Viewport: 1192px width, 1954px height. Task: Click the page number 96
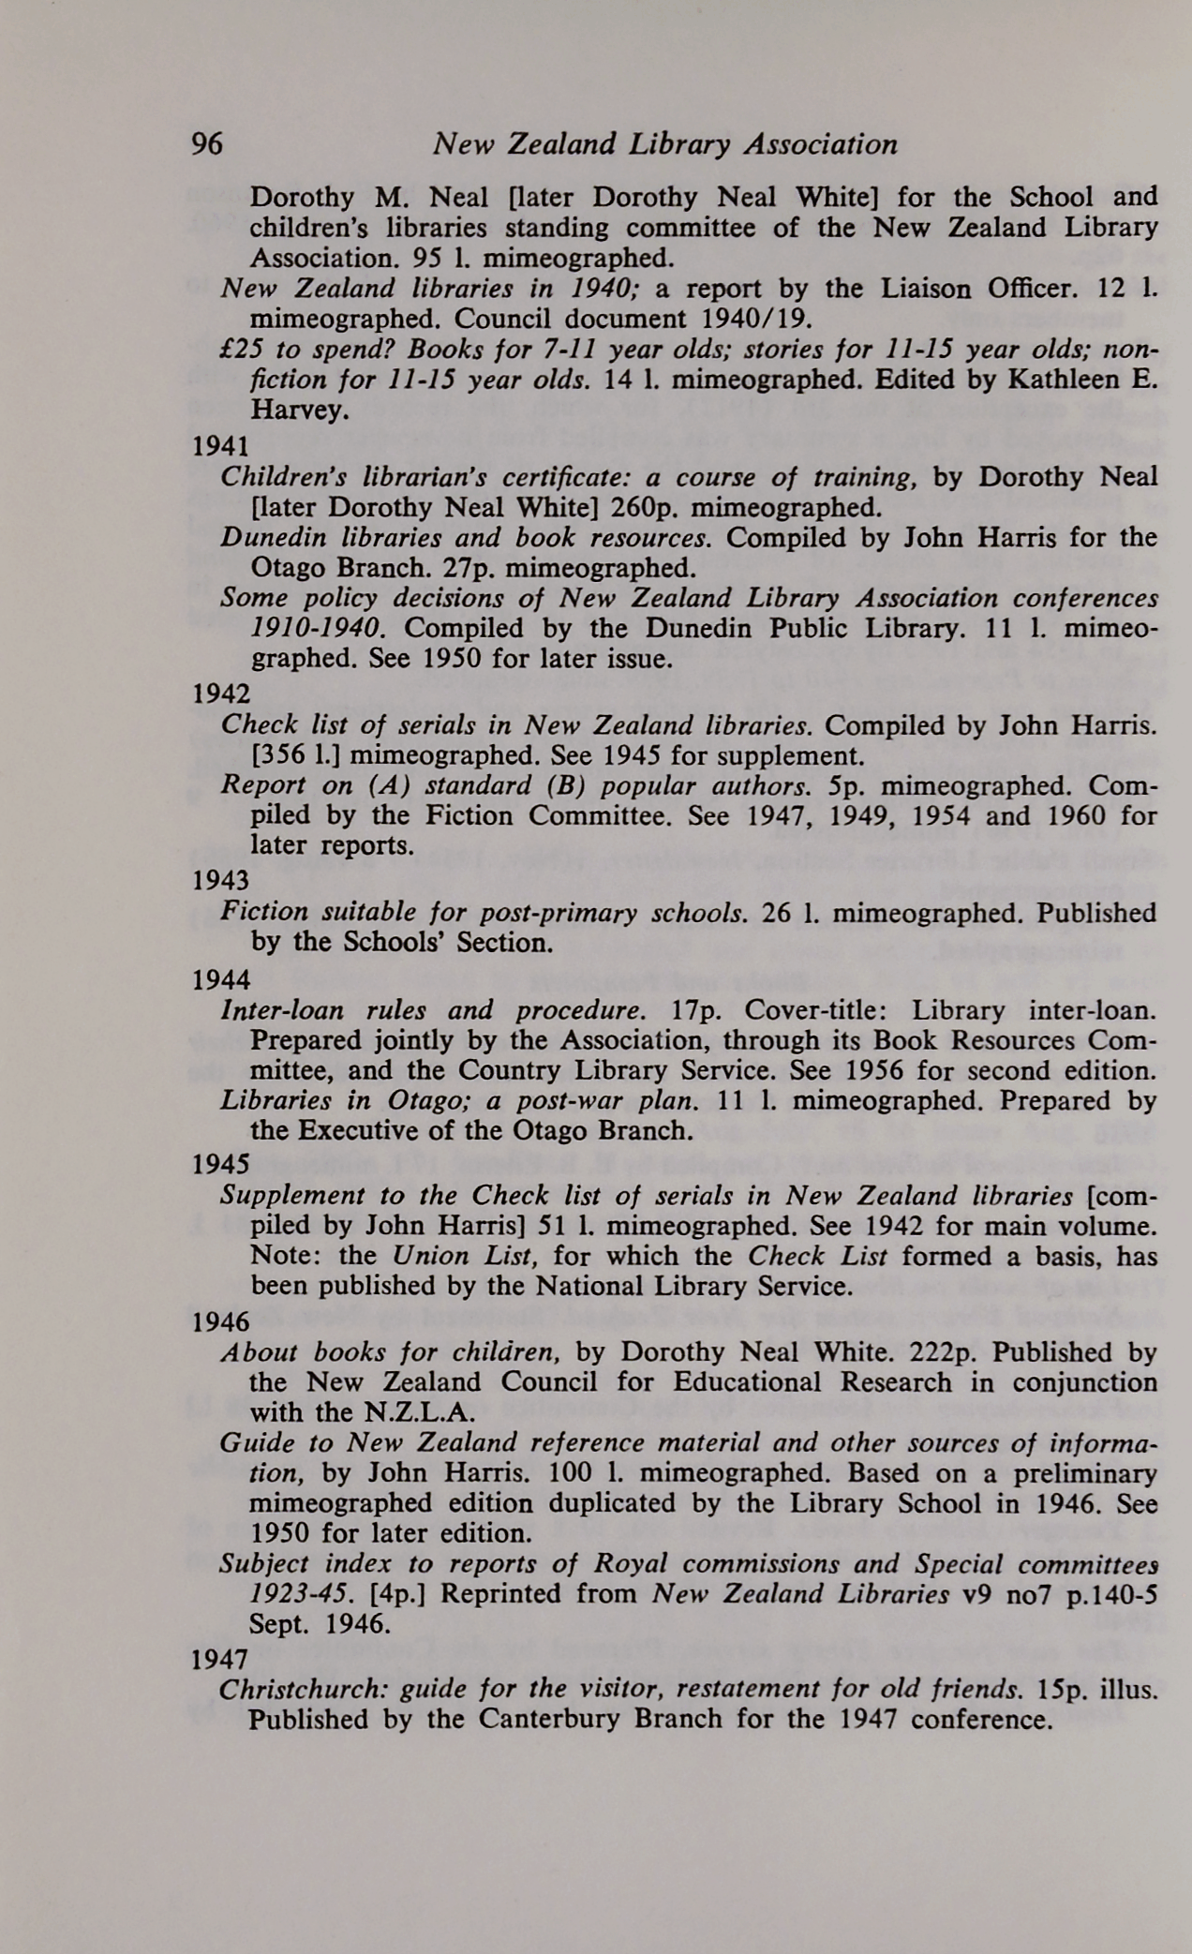pos(206,144)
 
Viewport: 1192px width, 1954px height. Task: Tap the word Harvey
pos(298,410)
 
